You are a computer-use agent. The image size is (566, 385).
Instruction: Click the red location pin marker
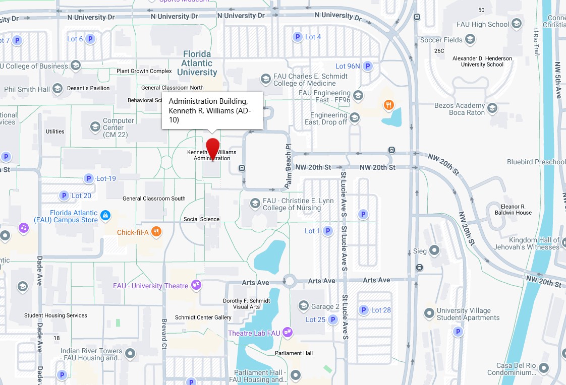point(213,148)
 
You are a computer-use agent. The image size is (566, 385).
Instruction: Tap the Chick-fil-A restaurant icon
point(156,232)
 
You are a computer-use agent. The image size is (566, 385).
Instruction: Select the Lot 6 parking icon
point(90,39)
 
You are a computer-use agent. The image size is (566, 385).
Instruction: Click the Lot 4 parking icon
point(298,37)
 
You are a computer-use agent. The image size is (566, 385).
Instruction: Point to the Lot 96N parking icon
point(368,66)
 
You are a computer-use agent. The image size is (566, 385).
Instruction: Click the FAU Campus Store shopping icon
point(105,216)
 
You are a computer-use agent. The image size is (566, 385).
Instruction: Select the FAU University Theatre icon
point(196,285)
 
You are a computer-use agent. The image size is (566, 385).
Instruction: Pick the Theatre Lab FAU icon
point(288,332)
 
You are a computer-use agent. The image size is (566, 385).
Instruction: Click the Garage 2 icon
point(304,306)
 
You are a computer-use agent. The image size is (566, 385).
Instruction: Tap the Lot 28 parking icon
point(363,310)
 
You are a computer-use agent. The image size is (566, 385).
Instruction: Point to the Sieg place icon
point(434,250)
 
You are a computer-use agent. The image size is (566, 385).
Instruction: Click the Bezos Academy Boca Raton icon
point(492,108)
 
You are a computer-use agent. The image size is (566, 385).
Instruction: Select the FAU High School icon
point(517,24)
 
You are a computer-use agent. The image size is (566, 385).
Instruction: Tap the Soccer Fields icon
point(470,39)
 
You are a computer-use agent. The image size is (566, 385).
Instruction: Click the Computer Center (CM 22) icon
point(95,126)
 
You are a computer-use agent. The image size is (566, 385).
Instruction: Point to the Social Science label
point(201,219)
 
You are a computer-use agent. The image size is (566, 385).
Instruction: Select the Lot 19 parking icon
point(89,178)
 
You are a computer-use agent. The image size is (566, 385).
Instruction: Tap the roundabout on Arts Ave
point(289,281)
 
